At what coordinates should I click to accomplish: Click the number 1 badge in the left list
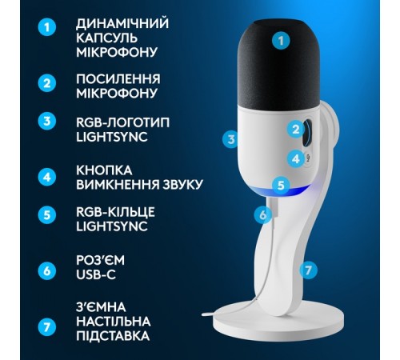[47, 27]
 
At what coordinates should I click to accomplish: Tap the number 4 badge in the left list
[47, 177]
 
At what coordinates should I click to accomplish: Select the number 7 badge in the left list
[47, 327]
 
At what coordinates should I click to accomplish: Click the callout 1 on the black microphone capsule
[281, 41]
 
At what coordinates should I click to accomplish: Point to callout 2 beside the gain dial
[296, 130]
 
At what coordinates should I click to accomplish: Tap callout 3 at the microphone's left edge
[231, 139]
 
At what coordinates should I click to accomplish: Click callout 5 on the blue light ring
[281, 185]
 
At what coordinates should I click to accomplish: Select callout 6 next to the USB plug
[263, 214]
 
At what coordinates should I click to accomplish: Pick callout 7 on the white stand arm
[308, 270]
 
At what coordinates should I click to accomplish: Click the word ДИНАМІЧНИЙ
[122, 23]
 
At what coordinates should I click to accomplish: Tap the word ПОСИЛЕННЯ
[118, 79]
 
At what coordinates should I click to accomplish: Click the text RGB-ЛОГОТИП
[123, 122]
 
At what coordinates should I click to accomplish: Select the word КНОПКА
[104, 170]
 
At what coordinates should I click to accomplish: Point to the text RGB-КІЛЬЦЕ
[115, 212]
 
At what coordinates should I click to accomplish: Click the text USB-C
[96, 274]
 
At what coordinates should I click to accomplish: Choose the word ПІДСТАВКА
[113, 336]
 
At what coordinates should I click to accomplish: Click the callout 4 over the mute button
[296, 159]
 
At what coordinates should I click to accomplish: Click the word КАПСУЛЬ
[106, 38]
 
